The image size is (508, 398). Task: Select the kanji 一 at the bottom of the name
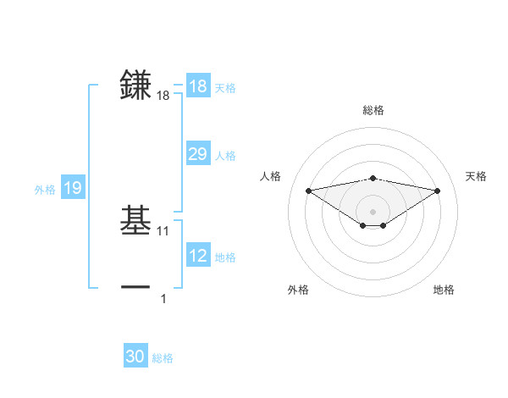coord(136,288)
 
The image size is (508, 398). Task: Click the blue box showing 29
coord(197,154)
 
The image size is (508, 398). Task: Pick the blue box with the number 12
coord(197,256)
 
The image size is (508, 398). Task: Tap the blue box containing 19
coord(72,188)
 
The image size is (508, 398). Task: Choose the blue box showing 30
coord(135,357)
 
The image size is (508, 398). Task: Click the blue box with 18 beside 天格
coord(197,86)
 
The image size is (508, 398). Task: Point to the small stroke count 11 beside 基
coord(164,231)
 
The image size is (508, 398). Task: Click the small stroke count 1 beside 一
coord(164,299)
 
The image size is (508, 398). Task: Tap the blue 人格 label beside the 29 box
coord(225,156)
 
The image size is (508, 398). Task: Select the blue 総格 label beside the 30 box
coord(163,358)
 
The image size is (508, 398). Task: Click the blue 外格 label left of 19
coord(45,190)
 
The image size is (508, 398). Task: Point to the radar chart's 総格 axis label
coord(373,110)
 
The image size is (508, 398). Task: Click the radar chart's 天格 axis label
coord(476,176)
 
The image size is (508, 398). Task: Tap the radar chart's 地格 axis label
coord(444,290)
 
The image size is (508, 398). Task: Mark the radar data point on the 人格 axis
coord(308,190)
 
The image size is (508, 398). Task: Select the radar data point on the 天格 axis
coord(438,191)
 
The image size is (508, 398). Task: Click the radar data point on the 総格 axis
coord(373,178)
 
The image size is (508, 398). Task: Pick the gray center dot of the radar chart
coord(373,211)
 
